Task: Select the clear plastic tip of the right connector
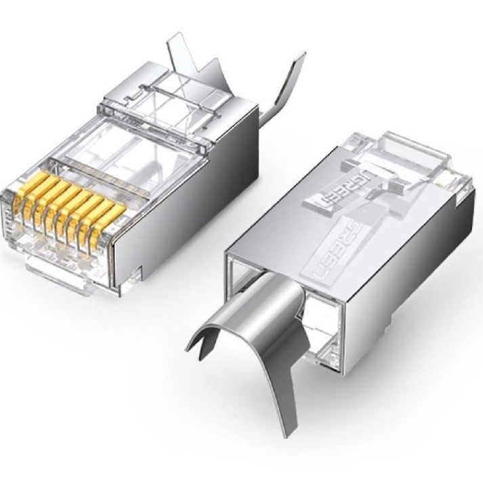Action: (x=406, y=156)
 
